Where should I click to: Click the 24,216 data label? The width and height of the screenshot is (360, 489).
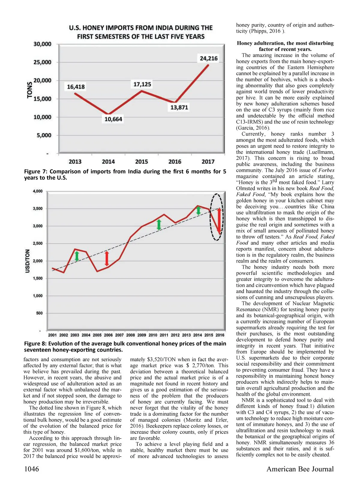pyautogui.click(x=209, y=58)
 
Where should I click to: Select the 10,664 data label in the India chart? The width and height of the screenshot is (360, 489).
pyautogui.click(x=113, y=119)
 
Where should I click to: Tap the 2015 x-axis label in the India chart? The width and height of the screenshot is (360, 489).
pyautogui.click(x=142, y=162)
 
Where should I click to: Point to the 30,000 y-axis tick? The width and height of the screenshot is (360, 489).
pyautogui.click(x=42, y=44)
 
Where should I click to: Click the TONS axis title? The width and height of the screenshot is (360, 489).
pyautogui.click(x=30, y=90)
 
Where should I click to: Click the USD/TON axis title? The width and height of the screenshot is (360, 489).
pyautogui.click(x=28, y=261)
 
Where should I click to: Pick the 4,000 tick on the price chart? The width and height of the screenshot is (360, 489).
pyautogui.click(x=37, y=191)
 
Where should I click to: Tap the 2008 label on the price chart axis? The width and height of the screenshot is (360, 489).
pyautogui.click(x=130, y=335)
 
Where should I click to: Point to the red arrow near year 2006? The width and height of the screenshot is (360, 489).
pyautogui.click(x=107, y=259)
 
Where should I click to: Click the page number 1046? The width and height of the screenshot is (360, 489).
pyautogui.click(x=31, y=469)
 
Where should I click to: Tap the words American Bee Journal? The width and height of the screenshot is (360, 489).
pyautogui.click(x=300, y=469)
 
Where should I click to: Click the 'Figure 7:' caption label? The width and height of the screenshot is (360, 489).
pyautogui.click(x=36, y=171)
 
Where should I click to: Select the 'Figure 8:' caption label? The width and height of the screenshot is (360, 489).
pyautogui.click(x=36, y=344)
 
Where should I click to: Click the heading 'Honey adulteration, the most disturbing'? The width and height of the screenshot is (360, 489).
pyautogui.click(x=285, y=43)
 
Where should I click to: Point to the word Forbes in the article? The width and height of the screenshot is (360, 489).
pyautogui.click(x=326, y=170)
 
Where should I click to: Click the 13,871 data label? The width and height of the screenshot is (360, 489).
pyautogui.click(x=179, y=107)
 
